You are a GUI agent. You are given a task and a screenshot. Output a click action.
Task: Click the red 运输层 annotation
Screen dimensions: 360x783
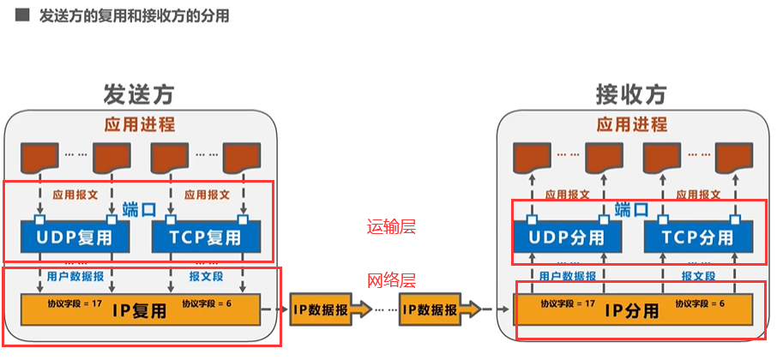click(391, 227)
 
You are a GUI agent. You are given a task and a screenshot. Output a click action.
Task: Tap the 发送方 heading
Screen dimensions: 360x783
click(139, 93)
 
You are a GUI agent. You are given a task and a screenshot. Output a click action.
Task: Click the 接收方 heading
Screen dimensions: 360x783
click(631, 93)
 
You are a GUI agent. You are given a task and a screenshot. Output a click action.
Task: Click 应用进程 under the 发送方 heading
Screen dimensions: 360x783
click(140, 124)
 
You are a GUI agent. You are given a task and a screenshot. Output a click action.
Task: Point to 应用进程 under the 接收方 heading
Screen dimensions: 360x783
click(633, 124)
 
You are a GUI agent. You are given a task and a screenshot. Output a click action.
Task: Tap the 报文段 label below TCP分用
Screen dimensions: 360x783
click(699, 276)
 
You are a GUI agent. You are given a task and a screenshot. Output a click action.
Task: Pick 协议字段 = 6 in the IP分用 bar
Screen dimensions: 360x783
click(699, 303)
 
